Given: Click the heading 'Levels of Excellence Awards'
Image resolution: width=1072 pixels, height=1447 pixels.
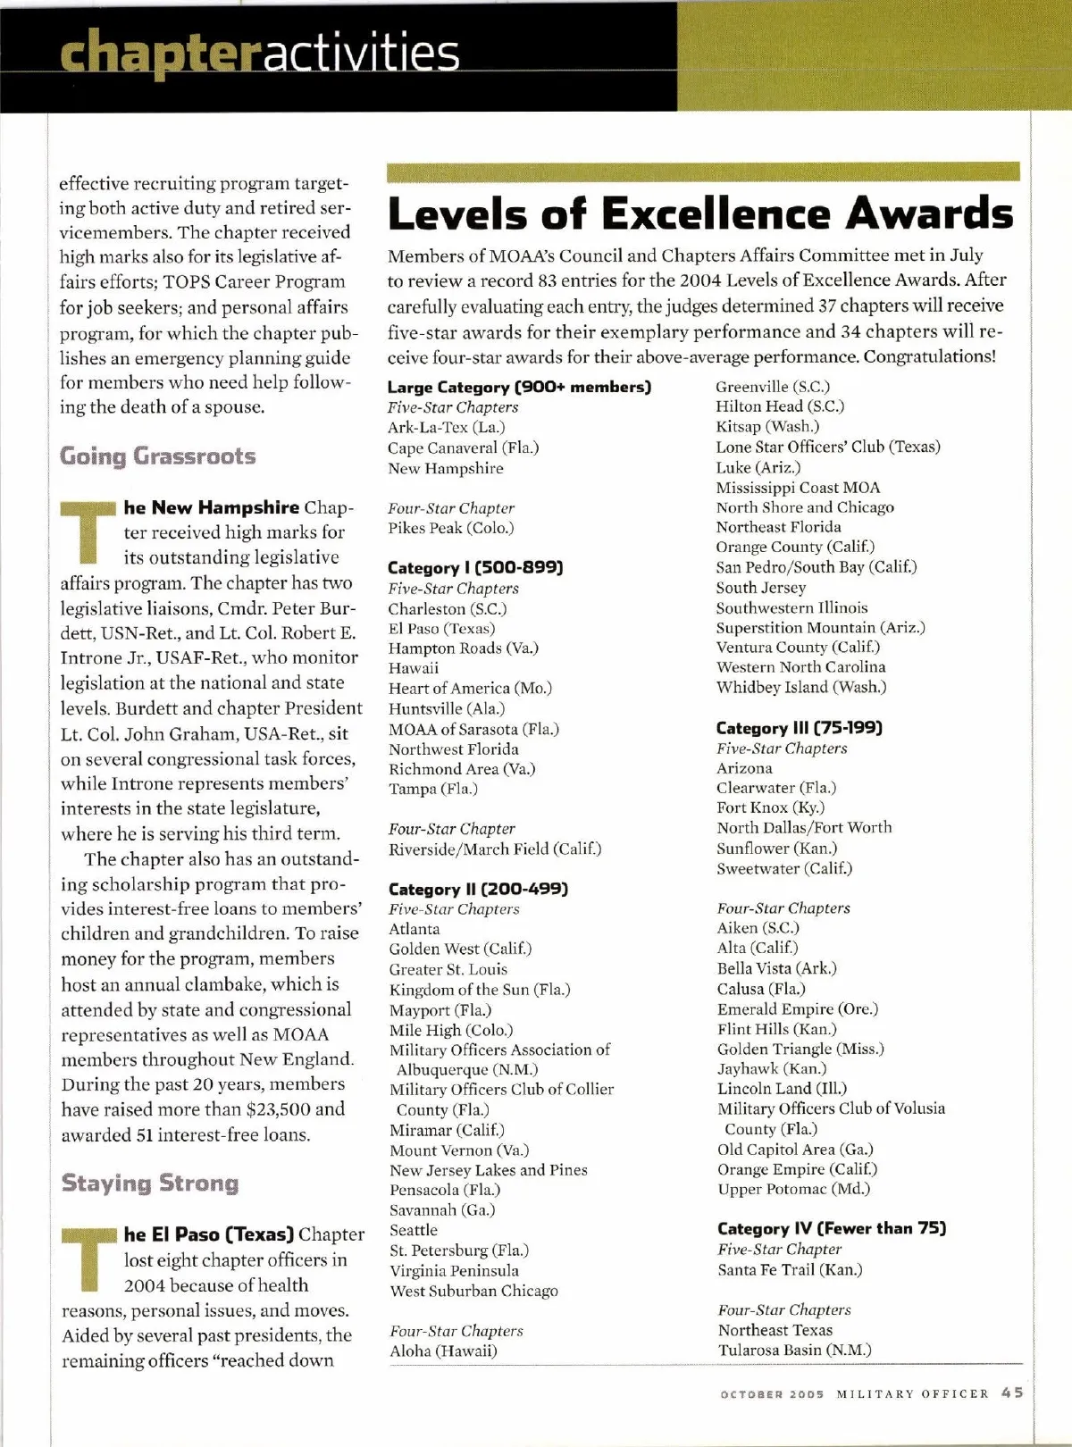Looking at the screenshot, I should (700, 213).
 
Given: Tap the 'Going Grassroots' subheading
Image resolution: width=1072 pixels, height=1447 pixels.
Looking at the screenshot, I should (157, 456).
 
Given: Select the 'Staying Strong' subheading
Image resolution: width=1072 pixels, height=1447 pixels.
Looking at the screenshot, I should (150, 1184).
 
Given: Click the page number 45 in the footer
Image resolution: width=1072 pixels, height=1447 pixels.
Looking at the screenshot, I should (1012, 1393).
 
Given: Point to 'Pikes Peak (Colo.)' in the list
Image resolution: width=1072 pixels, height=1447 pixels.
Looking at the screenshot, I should (451, 528).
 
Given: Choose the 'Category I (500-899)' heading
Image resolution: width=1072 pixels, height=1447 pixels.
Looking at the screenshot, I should (475, 568).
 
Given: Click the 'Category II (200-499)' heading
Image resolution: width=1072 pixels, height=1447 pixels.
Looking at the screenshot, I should (478, 889).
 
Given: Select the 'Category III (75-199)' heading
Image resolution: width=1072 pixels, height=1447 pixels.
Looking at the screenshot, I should (799, 728).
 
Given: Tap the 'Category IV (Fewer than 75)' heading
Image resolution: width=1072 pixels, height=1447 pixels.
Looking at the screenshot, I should (831, 1228).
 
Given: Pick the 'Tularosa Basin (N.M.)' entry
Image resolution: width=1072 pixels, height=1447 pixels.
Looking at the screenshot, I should (794, 1350).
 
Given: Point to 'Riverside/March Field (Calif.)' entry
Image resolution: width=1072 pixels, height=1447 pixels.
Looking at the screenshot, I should (495, 849).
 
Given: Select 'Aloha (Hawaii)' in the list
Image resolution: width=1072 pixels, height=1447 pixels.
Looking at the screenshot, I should (443, 1351).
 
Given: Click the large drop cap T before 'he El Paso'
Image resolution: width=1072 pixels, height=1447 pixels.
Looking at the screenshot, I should (88, 1259).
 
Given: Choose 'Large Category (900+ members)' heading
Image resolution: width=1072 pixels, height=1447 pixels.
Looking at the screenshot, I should (519, 387).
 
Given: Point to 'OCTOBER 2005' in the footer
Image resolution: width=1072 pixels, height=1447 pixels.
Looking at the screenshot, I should (772, 1394).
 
